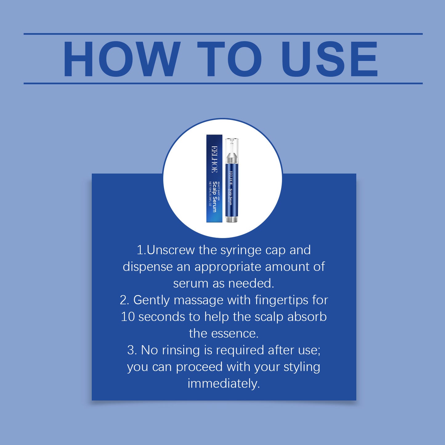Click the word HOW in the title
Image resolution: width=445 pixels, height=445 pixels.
click(122, 59)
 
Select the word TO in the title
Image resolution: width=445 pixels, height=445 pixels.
click(229, 59)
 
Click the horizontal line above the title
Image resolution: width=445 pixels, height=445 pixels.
click(223, 34)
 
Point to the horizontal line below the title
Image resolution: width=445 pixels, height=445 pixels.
click(223, 83)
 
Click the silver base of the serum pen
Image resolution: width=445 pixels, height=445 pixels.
click(231, 219)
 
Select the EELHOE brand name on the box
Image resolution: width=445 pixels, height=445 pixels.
click(214, 159)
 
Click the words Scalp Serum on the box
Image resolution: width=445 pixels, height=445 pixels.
click(215, 196)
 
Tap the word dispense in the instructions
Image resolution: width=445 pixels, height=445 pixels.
click(148, 267)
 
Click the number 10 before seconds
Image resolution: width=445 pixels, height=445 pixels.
click(127, 317)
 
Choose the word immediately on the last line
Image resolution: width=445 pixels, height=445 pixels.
click(224, 384)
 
